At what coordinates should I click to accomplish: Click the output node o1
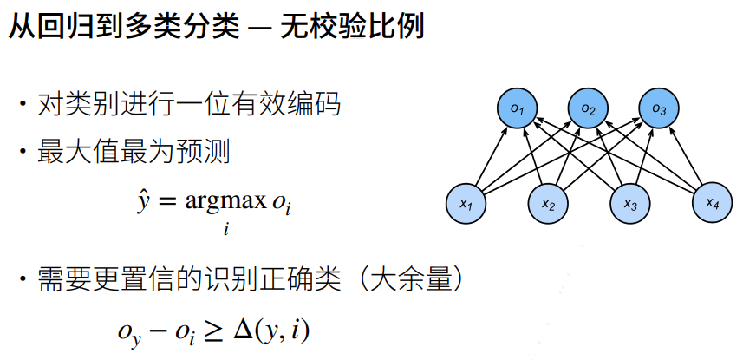click(x=517, y=108)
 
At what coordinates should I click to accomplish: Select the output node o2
click(x=588, y=108)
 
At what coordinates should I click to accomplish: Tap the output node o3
click(x=659, y=108)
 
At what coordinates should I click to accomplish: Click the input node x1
click(x=466, y=204)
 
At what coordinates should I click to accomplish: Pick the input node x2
click(x=548, y=204)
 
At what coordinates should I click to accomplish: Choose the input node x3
click(x=630, y=204)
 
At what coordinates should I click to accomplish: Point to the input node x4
click(x=712, y=203)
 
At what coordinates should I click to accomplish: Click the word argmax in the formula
click(x=225, y=202)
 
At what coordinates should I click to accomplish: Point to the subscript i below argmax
click(x=225, y=230)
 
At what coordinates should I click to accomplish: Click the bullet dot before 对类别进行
click(x=23, y=103)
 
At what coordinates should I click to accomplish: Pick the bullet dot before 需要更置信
click(x=23, y=279)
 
